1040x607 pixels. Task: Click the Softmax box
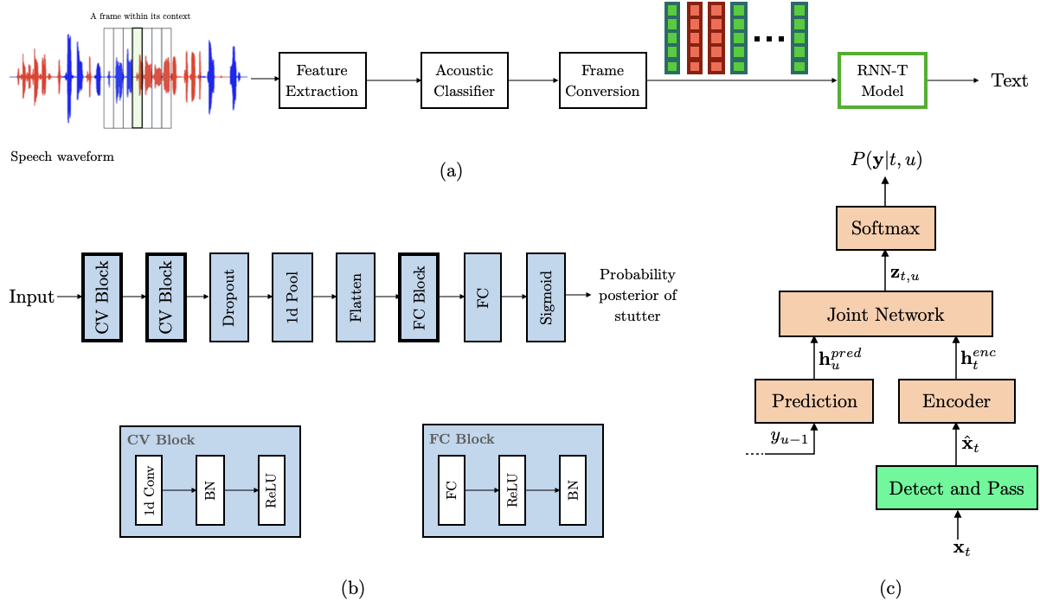click(885, 228)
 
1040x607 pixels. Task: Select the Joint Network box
click(885, 314)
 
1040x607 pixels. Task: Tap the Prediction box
click(813, 401)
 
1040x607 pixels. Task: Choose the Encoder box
click(956, 401)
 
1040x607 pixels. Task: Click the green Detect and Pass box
click(956, 488)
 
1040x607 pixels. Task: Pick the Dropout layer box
click(229, 297)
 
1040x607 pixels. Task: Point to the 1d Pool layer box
click(292, 297)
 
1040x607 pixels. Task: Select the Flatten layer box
click(356, 297)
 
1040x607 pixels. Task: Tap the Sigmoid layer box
click(546, 297)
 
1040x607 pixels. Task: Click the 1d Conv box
click(149, 490)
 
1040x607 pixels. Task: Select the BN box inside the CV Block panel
click(210, 490)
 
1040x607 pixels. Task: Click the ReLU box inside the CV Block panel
click(272, 490)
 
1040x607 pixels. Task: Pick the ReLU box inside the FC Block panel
click(512, 490)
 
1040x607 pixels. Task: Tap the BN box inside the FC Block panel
click(573, 490)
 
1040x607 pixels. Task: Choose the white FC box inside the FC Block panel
click(452, 490)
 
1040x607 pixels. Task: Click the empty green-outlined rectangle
click(882, 80)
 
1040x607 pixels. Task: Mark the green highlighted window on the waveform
click(137, 78)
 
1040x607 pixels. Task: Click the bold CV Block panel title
click(161, 439)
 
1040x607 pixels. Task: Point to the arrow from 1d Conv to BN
click(179, 490)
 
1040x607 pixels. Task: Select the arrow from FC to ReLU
click(482, 490)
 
